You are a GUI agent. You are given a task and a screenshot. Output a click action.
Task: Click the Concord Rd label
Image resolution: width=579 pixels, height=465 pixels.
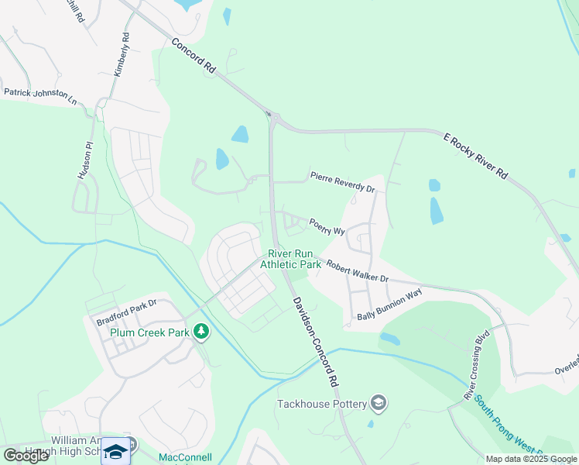coord(194,56)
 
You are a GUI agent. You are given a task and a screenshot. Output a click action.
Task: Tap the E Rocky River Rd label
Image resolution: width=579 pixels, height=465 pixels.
coord(475,156)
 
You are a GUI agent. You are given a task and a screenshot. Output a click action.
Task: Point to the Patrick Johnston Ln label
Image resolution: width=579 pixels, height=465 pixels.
coord(40,96)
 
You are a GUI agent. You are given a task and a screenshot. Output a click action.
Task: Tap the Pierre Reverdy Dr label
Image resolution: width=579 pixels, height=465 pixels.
coord(343,182)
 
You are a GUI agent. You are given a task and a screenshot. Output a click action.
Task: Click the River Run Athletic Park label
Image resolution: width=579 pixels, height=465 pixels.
coord(290,259)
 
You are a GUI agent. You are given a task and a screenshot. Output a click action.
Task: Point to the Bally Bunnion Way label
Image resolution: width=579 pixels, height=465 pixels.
coord(389,305)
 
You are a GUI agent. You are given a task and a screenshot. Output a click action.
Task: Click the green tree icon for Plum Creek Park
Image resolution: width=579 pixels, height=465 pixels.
coord(201,332)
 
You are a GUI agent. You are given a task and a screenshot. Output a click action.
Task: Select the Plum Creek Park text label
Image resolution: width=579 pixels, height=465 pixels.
coord(149,332)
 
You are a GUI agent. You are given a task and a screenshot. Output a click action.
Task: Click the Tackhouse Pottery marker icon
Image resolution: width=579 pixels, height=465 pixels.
coord(379,403)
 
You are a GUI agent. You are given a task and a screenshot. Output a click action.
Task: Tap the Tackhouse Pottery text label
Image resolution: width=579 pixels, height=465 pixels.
coord(323,404)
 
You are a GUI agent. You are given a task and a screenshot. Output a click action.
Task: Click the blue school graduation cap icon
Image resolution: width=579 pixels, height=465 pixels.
coord(116,451)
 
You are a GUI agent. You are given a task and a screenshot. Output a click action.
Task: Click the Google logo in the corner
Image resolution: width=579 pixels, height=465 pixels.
coord(26,456)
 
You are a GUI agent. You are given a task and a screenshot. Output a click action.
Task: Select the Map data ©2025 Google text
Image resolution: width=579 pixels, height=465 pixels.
coord(531,459)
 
